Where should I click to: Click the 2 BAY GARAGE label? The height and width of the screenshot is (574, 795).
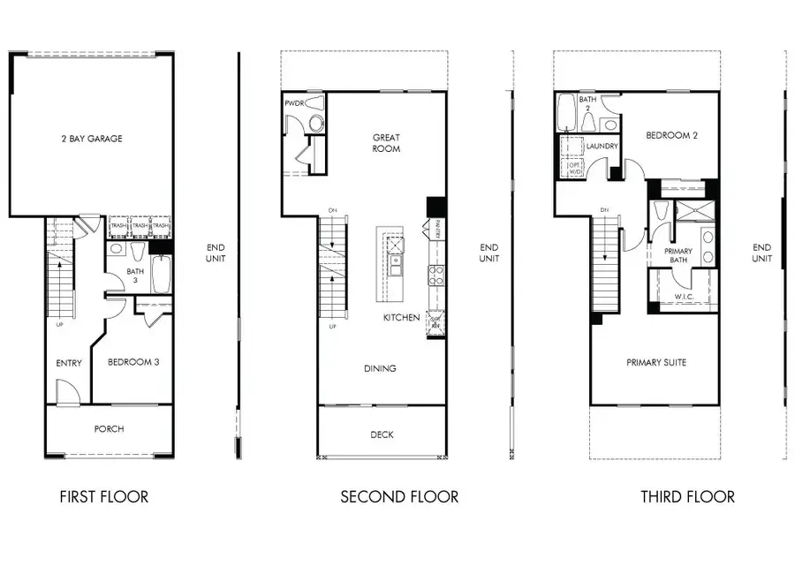[92, 139]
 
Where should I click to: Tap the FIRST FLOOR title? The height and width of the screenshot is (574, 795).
[103, 497]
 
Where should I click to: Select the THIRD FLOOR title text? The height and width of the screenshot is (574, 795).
[687, 497]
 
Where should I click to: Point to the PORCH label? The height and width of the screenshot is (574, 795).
[109, 429]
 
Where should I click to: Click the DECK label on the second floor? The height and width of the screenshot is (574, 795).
[382, 434]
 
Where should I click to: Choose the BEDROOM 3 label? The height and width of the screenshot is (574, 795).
[133, 362]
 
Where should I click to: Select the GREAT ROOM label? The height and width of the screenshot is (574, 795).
[386, 143]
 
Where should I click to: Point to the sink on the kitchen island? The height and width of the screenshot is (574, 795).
[397, 261]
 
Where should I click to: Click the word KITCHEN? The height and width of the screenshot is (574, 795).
[401, 317]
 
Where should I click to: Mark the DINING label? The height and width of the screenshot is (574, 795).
[379, 368]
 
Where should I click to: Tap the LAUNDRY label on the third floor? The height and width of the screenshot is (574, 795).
[602, 146]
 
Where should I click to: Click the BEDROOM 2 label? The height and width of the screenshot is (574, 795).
[672, 136]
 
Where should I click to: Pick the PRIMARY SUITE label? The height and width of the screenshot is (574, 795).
[656, 362]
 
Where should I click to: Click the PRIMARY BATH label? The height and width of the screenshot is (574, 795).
[678, 256]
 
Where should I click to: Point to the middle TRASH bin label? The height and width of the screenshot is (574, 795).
[140, 226]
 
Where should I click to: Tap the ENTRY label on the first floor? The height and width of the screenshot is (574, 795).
[69, 363]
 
